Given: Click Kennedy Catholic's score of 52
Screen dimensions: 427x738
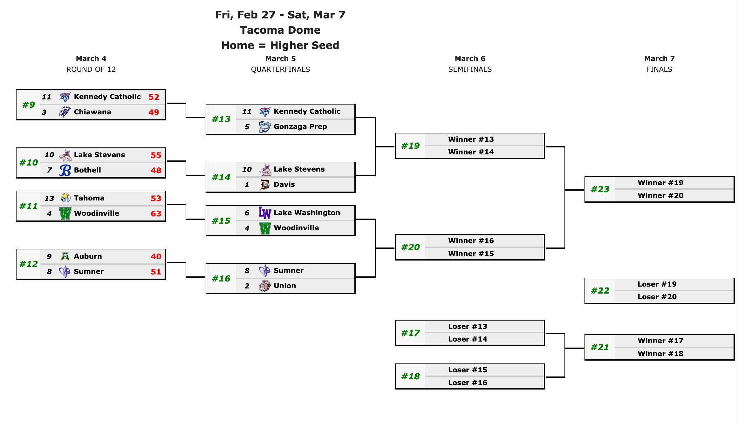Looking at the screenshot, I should click(154, 97).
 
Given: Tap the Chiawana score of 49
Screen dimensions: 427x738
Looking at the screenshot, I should click(154, 112).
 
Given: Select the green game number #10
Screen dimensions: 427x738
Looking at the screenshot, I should click(29, 163).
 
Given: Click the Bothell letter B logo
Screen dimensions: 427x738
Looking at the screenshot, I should click(65, 170).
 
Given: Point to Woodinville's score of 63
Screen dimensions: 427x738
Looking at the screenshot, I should click(156, 213).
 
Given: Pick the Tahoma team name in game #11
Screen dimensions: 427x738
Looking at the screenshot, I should click(89, 198).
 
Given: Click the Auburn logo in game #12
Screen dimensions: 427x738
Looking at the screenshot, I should click(65, 256).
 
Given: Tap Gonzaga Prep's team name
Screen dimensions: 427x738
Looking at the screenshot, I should click(300, 127).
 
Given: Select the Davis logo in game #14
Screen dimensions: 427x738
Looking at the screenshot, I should click(265, 185).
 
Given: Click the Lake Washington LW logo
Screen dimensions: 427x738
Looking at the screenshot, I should click(265, 213).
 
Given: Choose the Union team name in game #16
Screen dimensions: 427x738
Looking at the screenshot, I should click(285, 286).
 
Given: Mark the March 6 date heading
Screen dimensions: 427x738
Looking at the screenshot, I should click(470, 59).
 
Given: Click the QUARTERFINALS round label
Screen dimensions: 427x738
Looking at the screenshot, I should click(280, 70).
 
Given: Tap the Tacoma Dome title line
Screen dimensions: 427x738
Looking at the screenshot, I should click(280, 30).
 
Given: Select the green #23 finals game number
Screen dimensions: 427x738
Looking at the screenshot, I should click(600, 189).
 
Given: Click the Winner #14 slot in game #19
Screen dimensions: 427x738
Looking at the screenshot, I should click(471, 152).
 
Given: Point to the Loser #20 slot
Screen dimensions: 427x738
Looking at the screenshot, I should click(657, 297).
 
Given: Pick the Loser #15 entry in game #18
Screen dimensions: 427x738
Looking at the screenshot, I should click(468, 370).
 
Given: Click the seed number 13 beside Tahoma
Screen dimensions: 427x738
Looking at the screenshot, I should click(49, 198).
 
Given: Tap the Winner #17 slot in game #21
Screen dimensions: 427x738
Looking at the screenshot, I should click(660, 341).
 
